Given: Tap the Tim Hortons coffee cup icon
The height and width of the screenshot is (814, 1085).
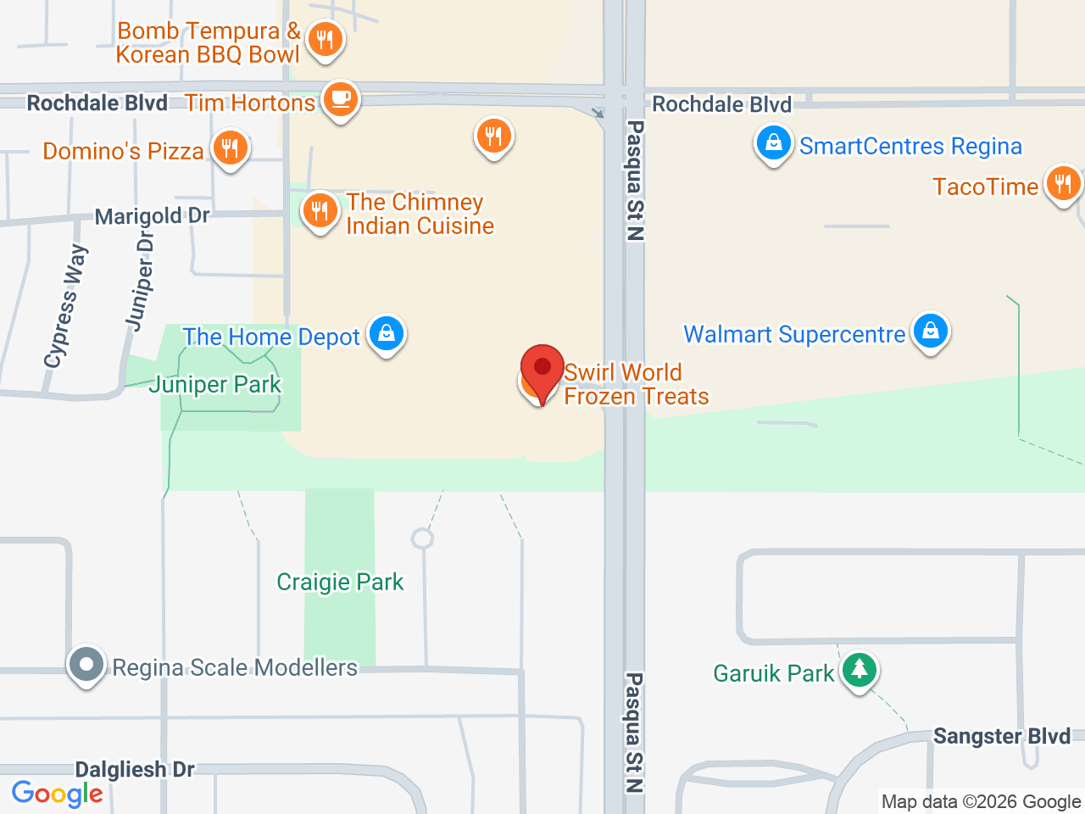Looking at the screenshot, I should [x=341, y=99].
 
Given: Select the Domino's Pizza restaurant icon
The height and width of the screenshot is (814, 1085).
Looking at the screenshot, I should [x=230, y=148].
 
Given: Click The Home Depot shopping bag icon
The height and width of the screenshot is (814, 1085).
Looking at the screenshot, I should [x=387, y=333].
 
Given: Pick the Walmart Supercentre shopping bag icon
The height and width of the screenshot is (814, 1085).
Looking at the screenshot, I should [x=931, y=332].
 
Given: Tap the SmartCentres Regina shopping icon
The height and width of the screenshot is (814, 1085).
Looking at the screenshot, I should [x=773, y=143].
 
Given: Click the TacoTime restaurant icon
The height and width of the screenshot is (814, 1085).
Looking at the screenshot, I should [x=1063, y=183].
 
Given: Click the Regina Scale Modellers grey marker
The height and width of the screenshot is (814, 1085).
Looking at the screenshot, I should [x=86, y=665].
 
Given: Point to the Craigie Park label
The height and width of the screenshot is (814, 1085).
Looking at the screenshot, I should [x=340, y=583].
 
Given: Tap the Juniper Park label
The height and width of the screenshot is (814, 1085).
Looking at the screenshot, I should [x=215, y=385].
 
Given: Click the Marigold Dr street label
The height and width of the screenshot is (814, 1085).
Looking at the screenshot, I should [x=152, y=216].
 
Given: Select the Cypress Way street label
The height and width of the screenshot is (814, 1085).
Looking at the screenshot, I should [x=66, y=307].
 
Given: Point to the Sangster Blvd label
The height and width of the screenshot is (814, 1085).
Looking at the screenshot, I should [x=1002, y=736].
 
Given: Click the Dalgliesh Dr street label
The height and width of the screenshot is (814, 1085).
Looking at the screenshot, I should [x=135, y=770].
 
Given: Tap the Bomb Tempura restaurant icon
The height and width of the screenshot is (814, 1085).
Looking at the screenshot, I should [x=325, y=39].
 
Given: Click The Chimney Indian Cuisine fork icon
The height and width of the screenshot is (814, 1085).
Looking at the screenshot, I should [x=320, y=209].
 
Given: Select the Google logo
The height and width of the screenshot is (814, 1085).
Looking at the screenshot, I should [x=58, y=794].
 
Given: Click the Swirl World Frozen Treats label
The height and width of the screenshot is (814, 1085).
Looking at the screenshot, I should [x=636, y=384].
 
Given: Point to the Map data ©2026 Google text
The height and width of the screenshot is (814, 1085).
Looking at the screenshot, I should [x=981, y=802].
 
